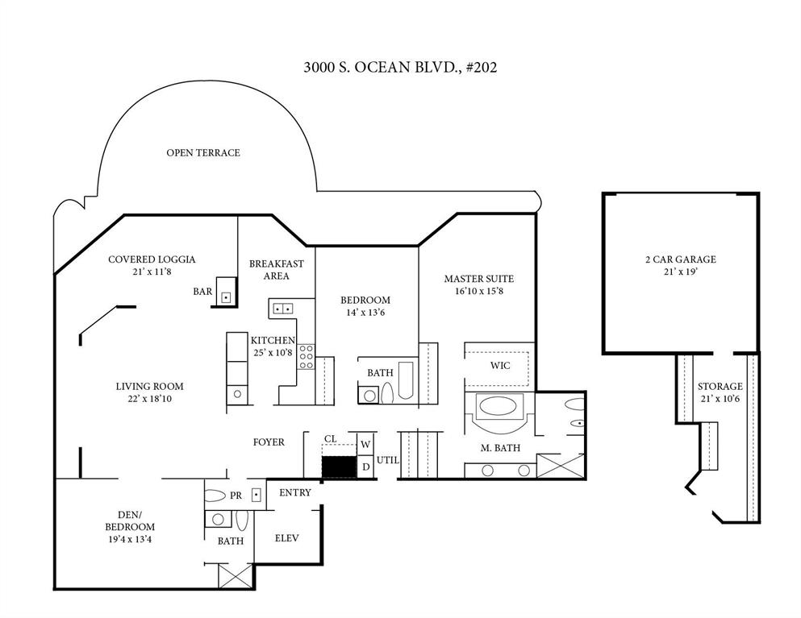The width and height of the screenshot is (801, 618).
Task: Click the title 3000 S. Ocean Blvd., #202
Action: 400,67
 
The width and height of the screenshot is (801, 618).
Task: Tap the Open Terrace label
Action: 202,152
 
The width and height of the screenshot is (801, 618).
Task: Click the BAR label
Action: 202,291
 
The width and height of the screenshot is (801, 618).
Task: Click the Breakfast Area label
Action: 276,270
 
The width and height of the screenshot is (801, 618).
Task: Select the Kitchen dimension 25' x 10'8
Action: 273,353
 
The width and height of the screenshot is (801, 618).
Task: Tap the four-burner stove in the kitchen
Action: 307,357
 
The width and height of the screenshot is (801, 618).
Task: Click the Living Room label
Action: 149,386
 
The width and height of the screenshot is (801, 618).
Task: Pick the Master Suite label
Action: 478,279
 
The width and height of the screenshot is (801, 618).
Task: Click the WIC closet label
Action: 500,365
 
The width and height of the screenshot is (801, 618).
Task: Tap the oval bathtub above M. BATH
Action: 500,405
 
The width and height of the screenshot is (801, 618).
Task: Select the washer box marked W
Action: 365,444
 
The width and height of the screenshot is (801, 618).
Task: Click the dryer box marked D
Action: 365,467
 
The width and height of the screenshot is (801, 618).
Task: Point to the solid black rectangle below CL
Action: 339,467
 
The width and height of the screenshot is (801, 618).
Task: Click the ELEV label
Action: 287,537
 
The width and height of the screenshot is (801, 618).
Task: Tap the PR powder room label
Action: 236,496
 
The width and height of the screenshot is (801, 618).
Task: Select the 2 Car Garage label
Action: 680,259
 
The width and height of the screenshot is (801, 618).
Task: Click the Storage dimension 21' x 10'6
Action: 720,400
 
